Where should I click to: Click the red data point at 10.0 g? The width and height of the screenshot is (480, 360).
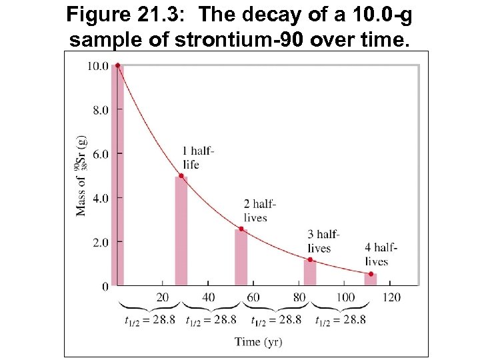(117, 65)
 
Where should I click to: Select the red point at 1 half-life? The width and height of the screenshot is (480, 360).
(181, 176)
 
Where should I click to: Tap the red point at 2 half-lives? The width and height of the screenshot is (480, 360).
(241, 229)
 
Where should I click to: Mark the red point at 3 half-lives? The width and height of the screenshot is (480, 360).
(310, 259)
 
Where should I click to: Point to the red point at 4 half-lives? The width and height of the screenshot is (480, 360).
(371, 274)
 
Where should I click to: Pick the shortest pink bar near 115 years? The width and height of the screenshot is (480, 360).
(371, 280)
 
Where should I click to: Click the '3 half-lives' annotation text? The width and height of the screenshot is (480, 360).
(323, 241)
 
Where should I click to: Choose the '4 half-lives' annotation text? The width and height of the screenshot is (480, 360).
(381, 254)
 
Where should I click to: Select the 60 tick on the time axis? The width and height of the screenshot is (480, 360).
(253, 297)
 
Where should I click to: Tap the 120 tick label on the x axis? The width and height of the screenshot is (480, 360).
(392, 297)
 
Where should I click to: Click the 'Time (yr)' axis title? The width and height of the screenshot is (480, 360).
(258, 342)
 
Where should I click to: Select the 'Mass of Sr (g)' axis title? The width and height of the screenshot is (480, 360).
(81, 176)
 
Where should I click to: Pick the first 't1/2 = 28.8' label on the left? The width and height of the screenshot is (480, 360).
(150, 319)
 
